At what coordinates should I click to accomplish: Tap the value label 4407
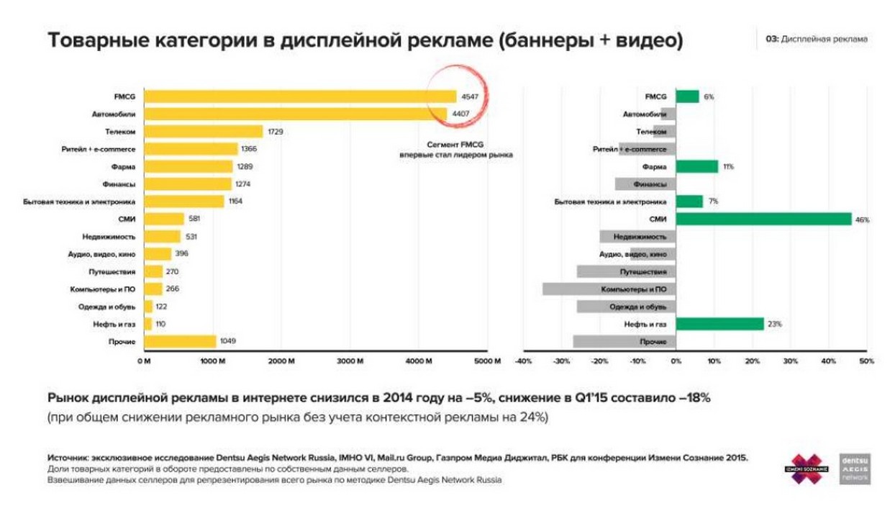click(x=461, y=114)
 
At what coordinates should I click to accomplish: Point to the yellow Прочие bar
click(x=180, y=342)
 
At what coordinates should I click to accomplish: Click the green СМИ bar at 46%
click(x=763, y=219)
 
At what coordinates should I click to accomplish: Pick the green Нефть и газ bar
click(x=719, y=324)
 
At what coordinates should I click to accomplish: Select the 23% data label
click(x=775, y=325)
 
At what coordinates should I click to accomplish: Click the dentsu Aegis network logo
click(x=855, y=469)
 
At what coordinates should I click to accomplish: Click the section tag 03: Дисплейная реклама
click(x=816, y=39)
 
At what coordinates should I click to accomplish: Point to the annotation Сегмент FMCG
click(x=456, y=144)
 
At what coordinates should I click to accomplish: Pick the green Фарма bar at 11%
click(x=697, y=166)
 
